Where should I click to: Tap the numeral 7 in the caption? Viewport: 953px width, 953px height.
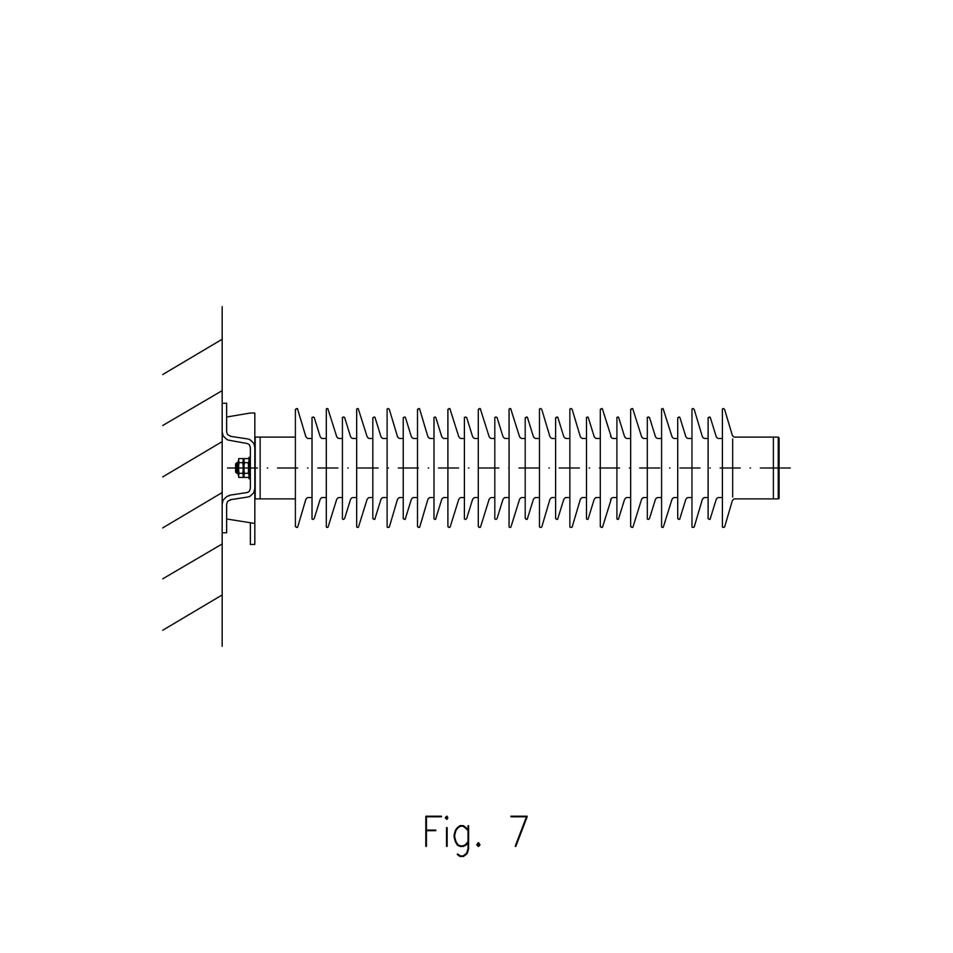[519, 831]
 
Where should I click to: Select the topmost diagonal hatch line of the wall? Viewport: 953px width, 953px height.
[192, 357]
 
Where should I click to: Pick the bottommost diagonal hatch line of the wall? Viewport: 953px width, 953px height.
[192, 613]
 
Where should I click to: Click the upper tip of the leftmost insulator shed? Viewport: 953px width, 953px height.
[297, 410]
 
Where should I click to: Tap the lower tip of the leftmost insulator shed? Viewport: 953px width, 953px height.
[297, 526]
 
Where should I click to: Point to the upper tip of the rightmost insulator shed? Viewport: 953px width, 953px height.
[724, 410]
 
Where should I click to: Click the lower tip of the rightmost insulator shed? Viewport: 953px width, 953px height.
[724, 526]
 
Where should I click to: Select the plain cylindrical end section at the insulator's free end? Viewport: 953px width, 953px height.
[753, 468]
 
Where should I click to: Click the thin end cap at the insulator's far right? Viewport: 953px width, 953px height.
[777, 468]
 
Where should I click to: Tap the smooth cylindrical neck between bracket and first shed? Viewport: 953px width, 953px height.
[277, 468]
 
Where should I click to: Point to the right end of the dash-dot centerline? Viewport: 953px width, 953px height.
[790, 468]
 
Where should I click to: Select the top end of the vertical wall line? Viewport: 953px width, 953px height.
[222, 307]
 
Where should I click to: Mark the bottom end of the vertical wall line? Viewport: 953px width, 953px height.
[222, 646]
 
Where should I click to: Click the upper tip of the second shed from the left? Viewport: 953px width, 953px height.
[313, 418]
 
